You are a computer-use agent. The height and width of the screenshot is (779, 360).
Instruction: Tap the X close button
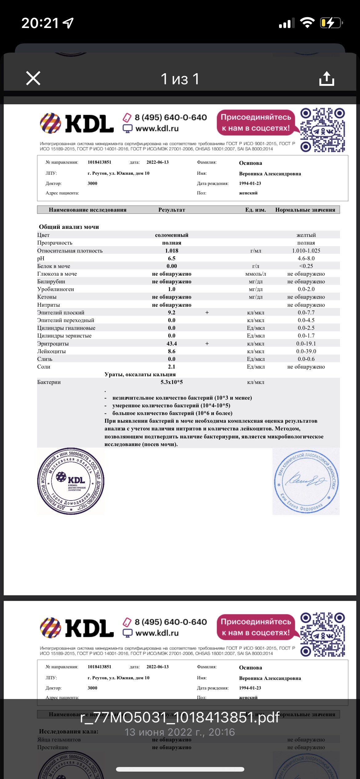(33, 78)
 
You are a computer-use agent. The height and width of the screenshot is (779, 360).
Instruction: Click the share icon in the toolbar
(326, 78)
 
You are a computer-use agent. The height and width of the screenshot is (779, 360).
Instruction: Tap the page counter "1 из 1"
(180, 79)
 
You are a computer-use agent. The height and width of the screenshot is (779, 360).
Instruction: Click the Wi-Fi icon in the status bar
(307, 23)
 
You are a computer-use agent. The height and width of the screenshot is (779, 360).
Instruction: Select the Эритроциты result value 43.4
(172, 344)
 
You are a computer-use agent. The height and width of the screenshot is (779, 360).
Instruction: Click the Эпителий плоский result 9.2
(172, 313)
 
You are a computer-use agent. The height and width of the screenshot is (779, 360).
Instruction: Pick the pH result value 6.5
(172, 258)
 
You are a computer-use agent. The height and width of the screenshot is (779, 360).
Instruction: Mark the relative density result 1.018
(172, 251)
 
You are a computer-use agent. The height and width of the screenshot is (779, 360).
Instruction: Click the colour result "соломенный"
(172, 235)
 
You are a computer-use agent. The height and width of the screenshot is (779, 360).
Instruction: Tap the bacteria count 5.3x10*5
(172, 382)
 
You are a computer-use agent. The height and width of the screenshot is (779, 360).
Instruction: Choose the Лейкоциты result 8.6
(172, 351)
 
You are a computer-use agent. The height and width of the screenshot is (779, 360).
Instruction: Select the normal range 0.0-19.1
(306, 344)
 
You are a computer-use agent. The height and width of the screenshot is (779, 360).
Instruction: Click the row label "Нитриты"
(49, 305)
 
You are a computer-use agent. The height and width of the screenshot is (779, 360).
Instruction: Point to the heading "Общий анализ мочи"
(69, 227)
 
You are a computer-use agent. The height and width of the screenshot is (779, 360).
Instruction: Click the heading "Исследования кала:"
(69, 731)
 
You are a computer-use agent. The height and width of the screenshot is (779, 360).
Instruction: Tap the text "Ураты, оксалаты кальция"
(140, 374)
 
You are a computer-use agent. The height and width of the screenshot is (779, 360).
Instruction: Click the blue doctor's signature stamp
(306, 481)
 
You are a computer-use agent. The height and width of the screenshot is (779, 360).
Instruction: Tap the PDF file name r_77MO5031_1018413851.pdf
(180, 718)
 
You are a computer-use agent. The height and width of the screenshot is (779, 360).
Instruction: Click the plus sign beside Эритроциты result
(207, 344)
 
